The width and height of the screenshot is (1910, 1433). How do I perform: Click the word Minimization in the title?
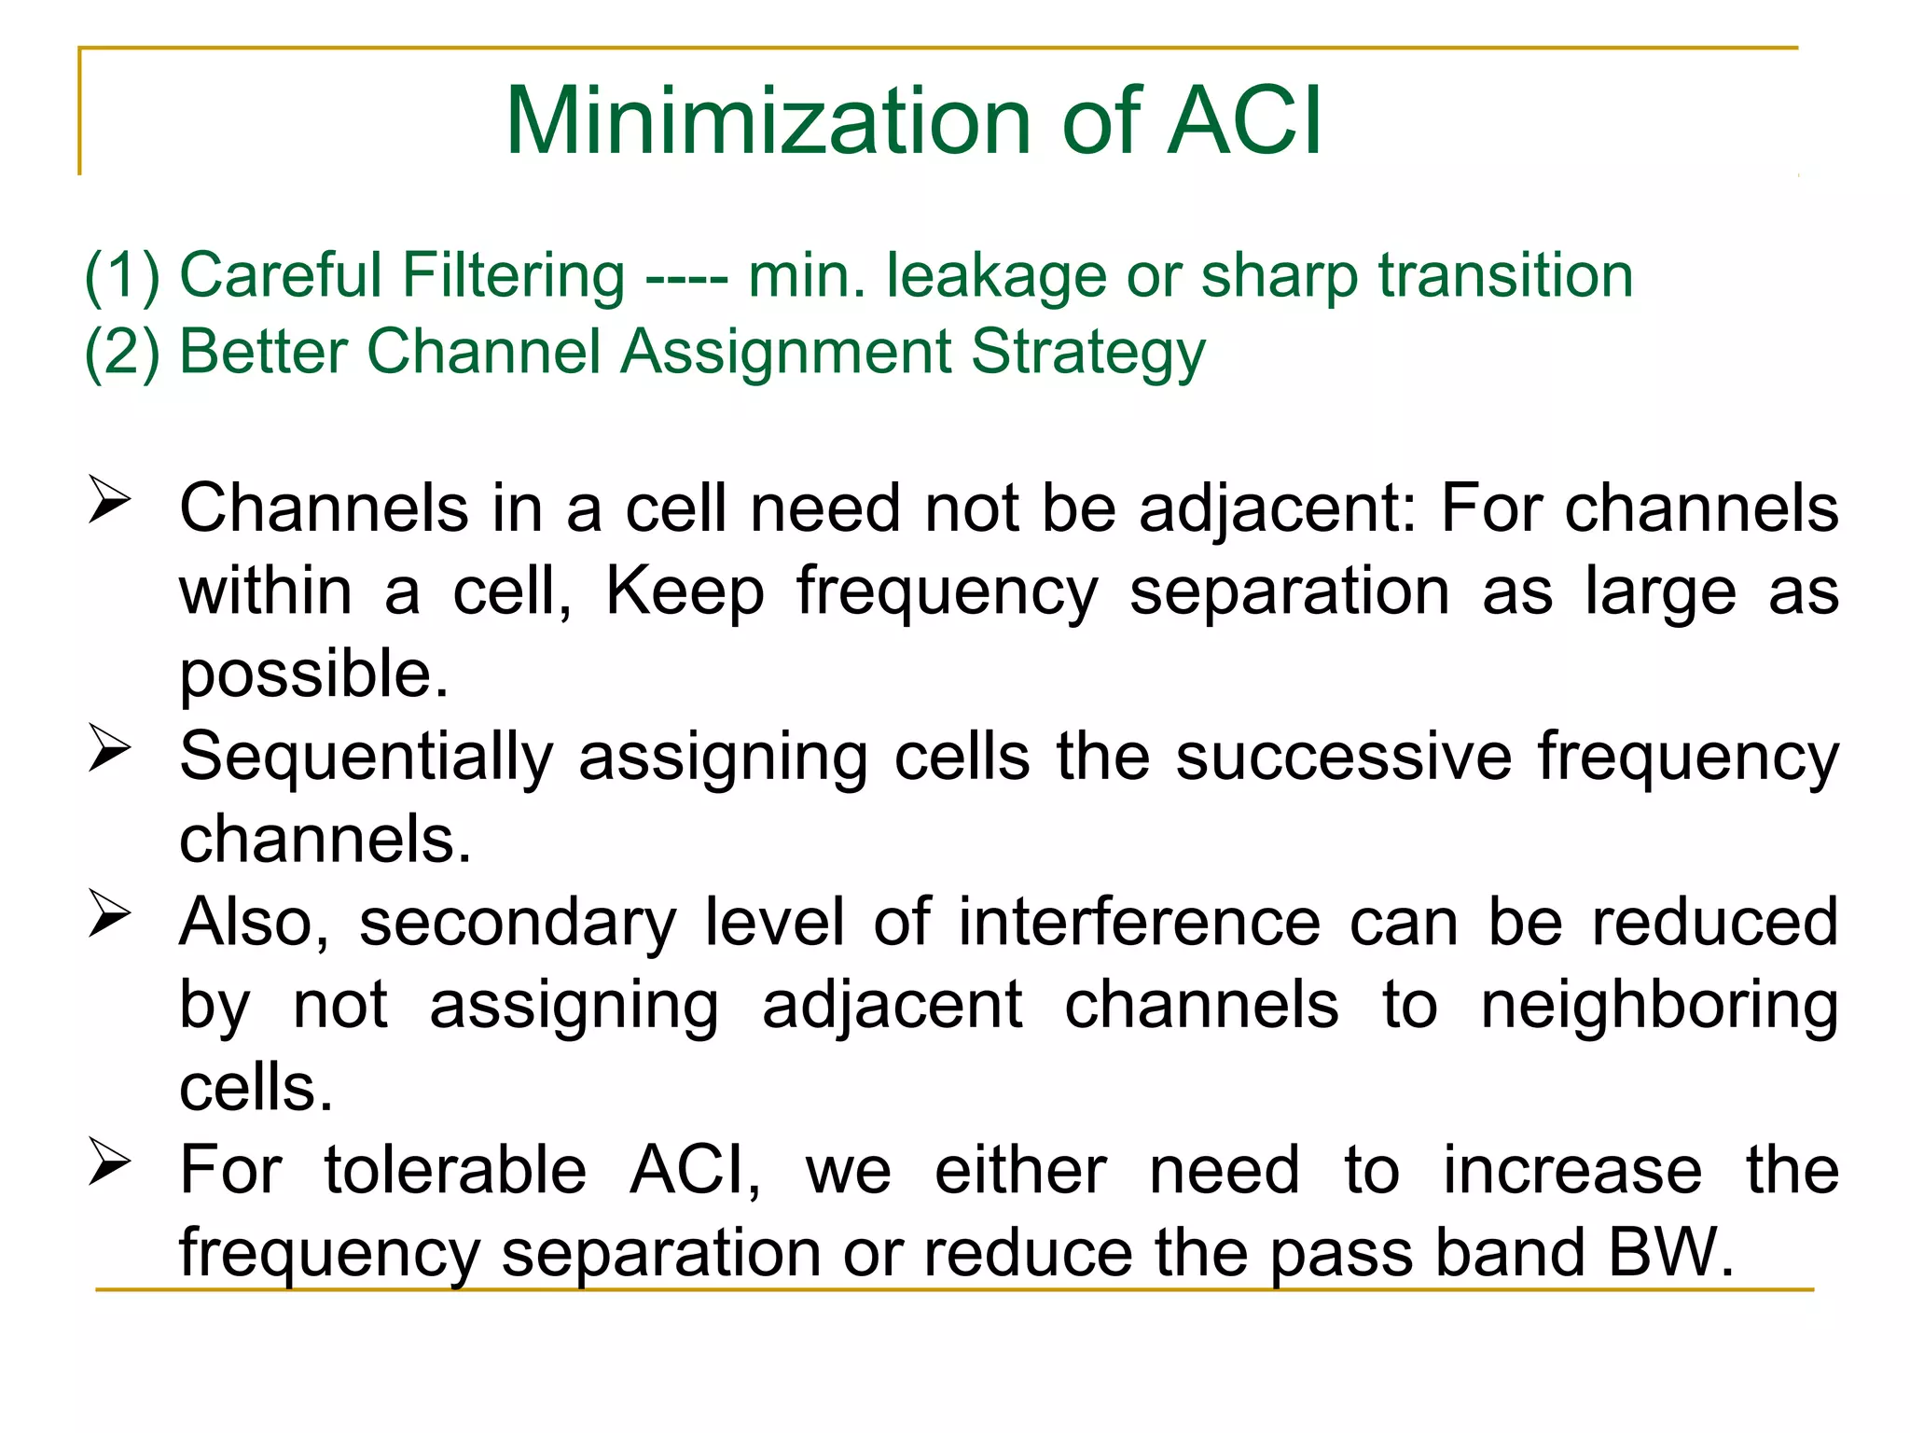click(x=768, y=121)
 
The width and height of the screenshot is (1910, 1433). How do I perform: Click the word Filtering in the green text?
click(x=513, y=276)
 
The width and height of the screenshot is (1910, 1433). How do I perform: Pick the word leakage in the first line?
click(x=996, y=276)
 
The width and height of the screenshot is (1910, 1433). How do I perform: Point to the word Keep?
click(x=685, y=592)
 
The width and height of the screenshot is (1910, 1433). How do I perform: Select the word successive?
click(x=1343, y=757)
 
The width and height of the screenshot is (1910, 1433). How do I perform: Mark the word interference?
click(x=1140, y=923)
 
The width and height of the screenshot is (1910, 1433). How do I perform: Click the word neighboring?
click(x=1659, y=1007)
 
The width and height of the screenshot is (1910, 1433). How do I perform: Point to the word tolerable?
click(x=455, y=1170)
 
